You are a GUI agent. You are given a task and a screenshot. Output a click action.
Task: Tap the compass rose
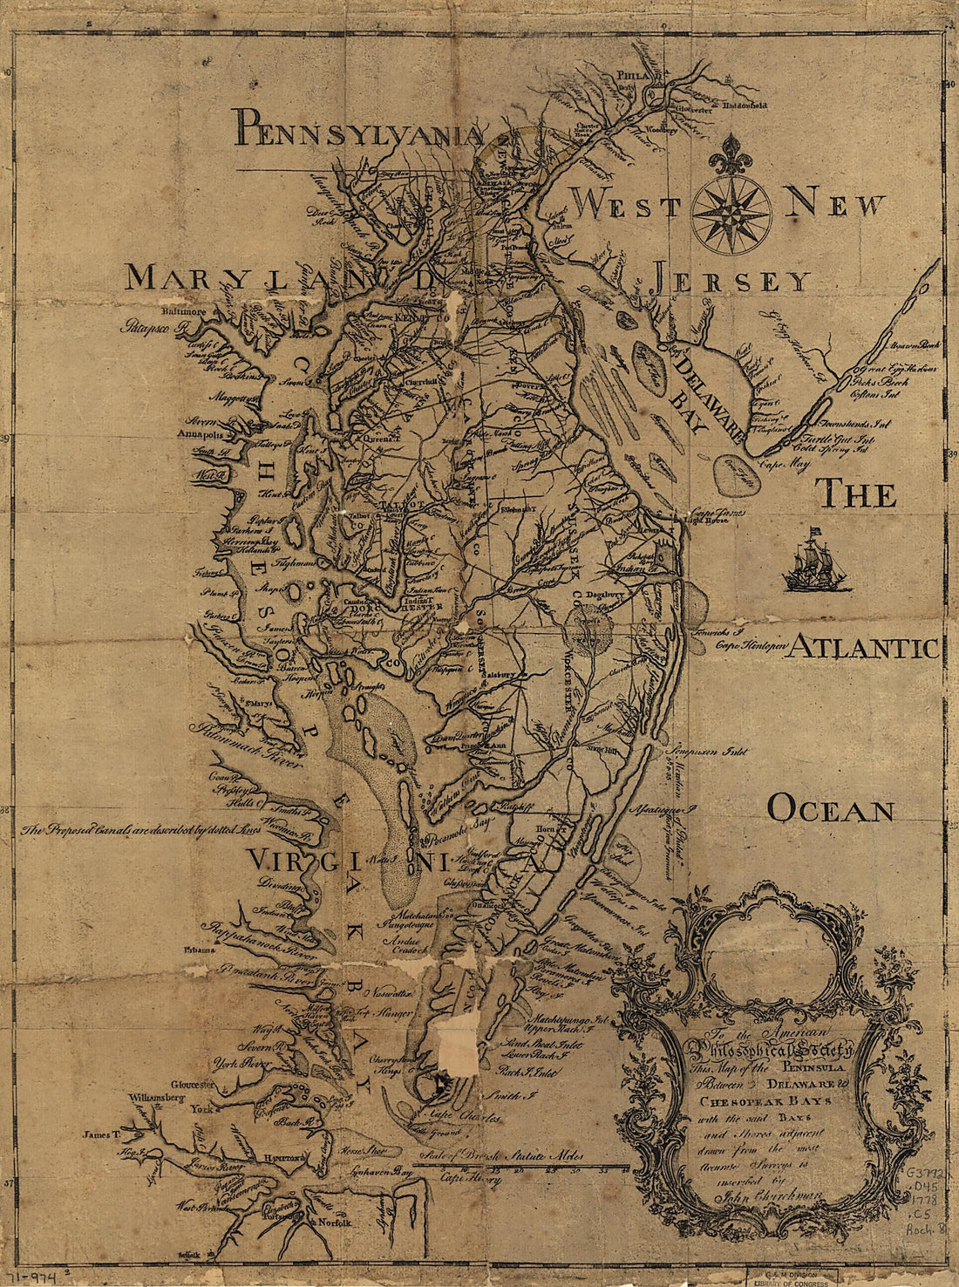coord(731,214)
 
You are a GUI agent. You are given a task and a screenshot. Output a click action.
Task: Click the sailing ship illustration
coord(815,563)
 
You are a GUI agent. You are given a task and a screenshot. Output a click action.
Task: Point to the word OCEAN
coord(830,810)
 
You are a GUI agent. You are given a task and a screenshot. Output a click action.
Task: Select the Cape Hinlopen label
coord(752,646)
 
